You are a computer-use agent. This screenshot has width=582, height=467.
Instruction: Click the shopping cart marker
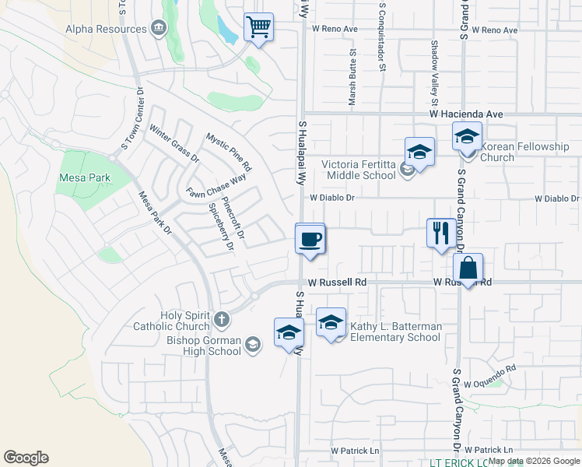point(258,28)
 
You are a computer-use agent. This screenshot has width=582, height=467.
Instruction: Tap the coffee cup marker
point(310,237)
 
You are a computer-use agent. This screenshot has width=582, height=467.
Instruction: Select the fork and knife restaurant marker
point(441,232)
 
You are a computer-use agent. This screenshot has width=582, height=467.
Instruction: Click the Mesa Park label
point(84,177)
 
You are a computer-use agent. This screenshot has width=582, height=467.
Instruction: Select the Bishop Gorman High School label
point(204,346)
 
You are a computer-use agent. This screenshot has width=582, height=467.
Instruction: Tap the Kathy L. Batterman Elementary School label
point(395,332)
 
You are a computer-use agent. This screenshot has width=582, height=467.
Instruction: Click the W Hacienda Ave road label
point(466,114)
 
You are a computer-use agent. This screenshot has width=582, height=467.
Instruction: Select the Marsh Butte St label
point(352,78)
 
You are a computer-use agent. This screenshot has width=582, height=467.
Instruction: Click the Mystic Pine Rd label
point(229,152)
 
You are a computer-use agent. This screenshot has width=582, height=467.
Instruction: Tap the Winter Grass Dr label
point(174,143)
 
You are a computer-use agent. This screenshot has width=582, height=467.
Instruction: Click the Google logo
point(26,458)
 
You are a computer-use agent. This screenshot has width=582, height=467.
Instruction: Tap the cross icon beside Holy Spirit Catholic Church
point(222,319)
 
